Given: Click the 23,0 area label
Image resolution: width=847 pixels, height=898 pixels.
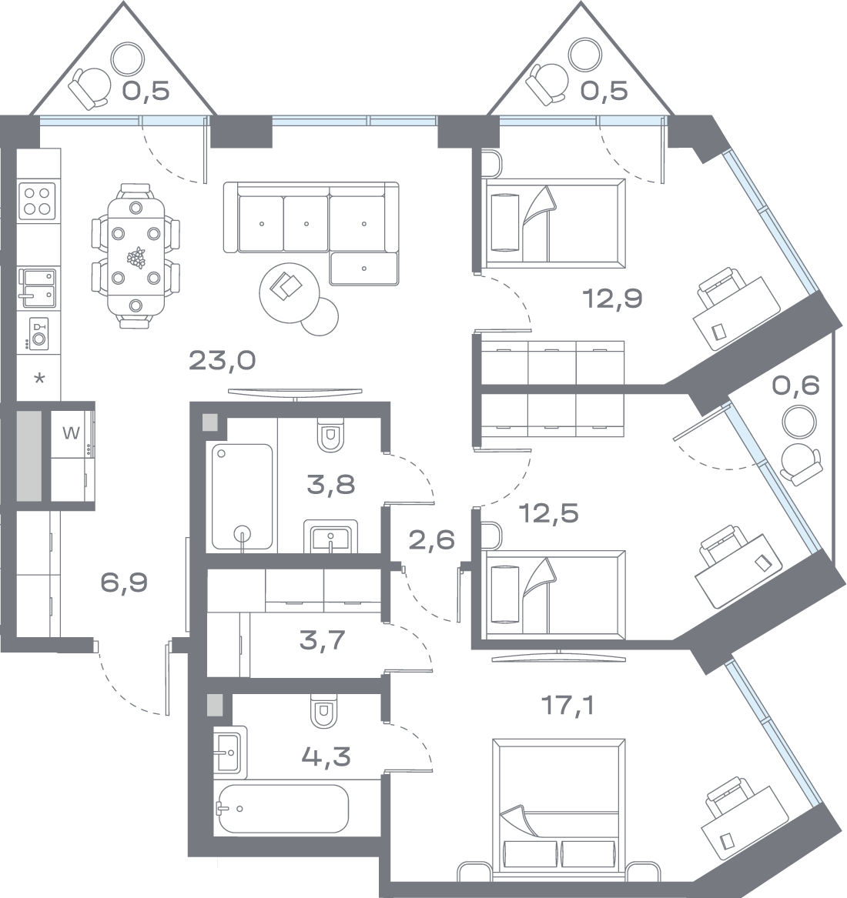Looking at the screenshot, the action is click(222, 360).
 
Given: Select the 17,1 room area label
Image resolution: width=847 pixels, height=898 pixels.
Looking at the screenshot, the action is click(568, 705).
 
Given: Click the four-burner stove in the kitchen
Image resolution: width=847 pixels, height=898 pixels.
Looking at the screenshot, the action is click(37, 199).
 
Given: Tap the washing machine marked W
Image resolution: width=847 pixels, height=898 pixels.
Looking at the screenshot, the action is click(71, 432).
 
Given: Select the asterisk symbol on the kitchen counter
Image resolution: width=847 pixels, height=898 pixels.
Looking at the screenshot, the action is click(39, 379).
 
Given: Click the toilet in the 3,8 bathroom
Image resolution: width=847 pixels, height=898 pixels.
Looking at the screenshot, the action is click(329, 436).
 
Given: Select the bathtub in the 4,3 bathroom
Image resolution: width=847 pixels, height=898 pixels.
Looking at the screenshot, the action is click(283, 809).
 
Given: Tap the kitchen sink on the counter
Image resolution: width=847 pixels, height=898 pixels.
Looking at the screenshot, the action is click(38, 285).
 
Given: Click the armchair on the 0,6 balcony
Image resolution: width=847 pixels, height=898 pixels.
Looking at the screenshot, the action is click(798, 464).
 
